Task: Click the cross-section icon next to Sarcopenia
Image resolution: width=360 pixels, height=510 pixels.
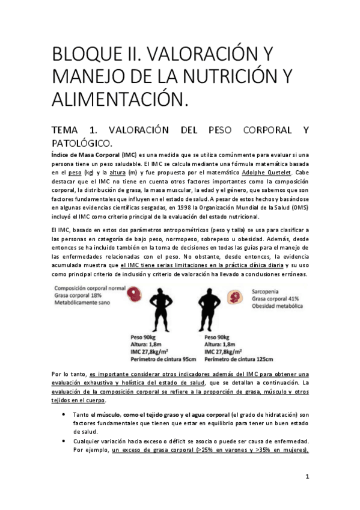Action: click(233, 296)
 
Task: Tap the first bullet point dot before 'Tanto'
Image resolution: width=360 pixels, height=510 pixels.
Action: click(64, 416)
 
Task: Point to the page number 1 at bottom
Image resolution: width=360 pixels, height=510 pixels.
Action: click(307, 478)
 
